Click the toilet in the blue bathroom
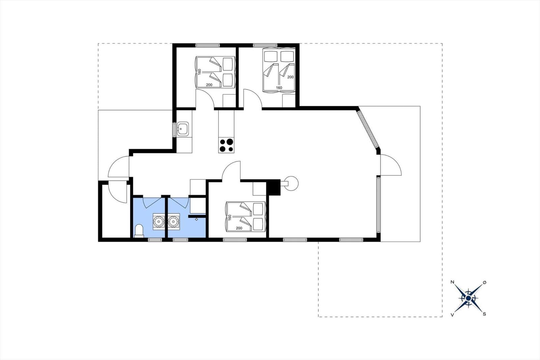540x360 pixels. click(139, 231)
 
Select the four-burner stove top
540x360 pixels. click(226, 145)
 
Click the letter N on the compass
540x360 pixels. click(453, 282)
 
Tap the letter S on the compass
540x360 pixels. click(484, 314)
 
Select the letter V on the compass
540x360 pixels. click(452, 315)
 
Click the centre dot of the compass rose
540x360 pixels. click(468, 299)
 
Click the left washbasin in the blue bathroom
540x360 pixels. click(159, 221)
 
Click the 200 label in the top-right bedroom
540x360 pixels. click(291, 77)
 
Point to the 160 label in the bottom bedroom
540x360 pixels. click(230, 217)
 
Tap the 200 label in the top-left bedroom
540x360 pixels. click(209, 85)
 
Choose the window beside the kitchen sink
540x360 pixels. click(174, 130)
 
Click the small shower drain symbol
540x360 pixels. click(196, 219)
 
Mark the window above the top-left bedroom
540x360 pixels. click(208, 45)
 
